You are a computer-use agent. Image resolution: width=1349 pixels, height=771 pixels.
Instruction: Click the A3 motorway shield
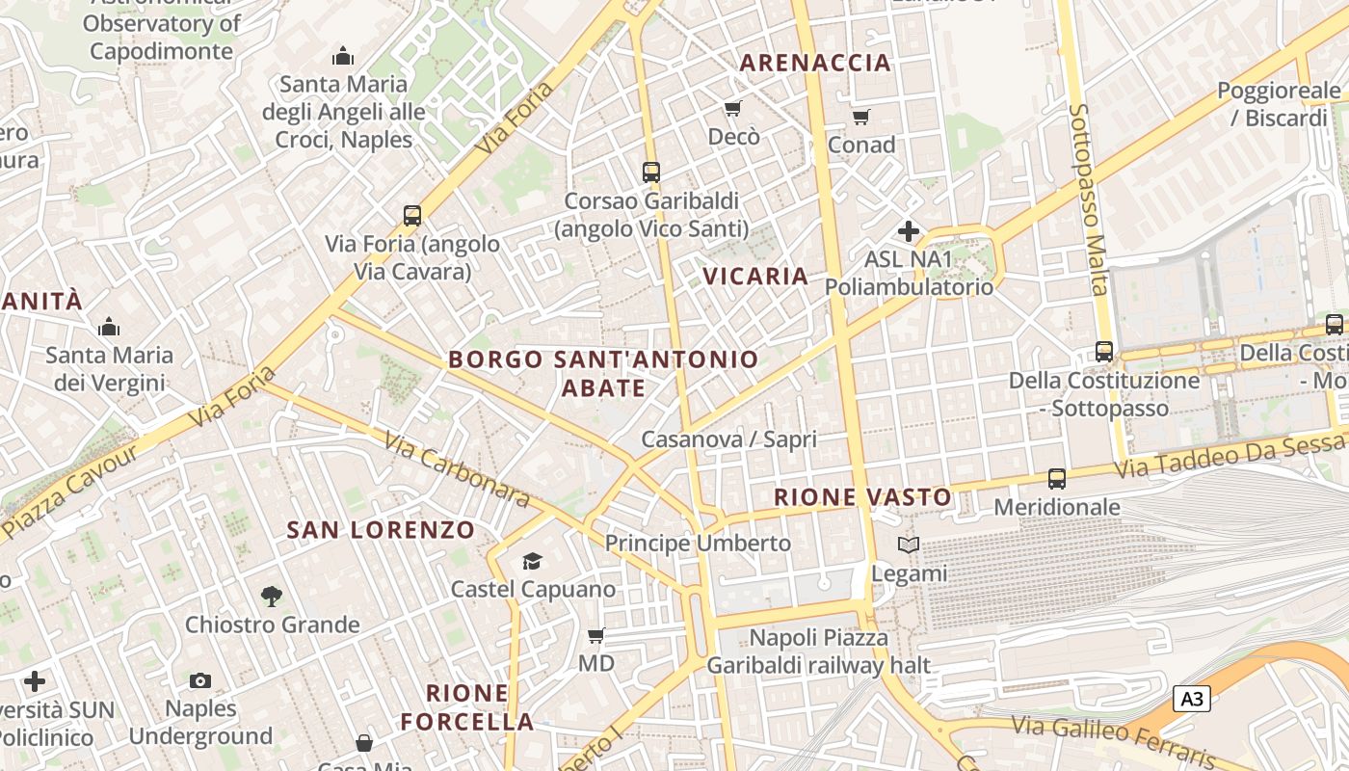pyautogui.click(x=1191, y=699)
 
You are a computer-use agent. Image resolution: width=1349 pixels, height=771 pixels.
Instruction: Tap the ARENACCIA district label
pyautogui.click(x=815, y=63)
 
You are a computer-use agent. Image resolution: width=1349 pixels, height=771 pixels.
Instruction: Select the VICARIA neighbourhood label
pyautogui.click(x=755, y=277)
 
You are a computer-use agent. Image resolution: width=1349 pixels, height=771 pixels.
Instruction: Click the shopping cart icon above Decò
pyautogui.click(x=733, y=108)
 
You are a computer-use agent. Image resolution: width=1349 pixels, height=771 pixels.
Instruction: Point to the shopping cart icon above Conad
pyautogui.click(x=860, y=117)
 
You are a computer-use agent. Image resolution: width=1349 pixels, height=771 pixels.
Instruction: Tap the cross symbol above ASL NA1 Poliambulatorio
pyautogui.click(x=908, y=231)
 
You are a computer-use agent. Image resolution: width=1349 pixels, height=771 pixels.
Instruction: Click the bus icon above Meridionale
pyautogui.click(x=1057, y=478)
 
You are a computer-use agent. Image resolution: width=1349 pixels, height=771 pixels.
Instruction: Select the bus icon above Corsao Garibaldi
pyautogui.click(x=651, y=173)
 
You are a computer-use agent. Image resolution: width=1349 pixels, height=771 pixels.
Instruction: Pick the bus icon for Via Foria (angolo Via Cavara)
pyautogui.click(x=412, y=215)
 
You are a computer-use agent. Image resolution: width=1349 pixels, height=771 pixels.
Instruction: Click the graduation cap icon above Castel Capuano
pyautogui.click(x=532, y=561)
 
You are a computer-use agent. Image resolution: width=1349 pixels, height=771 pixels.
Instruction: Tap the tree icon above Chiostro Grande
pyautogui.click(x=272, y=597)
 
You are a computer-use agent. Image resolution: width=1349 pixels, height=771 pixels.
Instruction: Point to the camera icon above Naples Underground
pyautogui.click(x=199, y=681)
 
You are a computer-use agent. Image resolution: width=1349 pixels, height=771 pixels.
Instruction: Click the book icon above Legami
pyautogui.click(x=909, y=545)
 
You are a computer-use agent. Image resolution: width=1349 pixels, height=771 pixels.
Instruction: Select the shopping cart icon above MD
pyautogui.click(x=596, y=635)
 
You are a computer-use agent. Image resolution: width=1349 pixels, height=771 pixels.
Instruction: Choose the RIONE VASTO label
pyautogui.click(x=863, y=498)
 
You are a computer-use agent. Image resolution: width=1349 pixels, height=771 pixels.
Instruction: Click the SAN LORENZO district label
pyautogui.click(x=381, y=530)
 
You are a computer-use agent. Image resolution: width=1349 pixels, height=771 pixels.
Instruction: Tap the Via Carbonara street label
pyautogui.click(x=457, y=468)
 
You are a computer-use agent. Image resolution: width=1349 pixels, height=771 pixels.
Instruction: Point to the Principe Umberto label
pyautogui.click(x=698, y=543)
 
